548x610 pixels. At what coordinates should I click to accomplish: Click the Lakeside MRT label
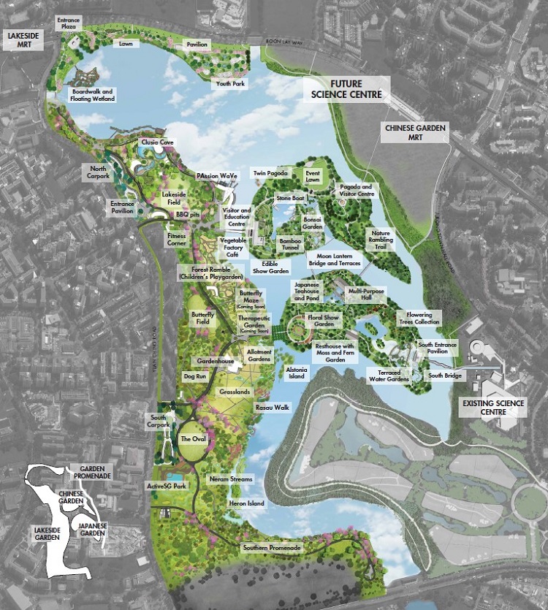tap(22, 39)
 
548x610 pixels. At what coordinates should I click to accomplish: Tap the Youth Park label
tap(229, 84)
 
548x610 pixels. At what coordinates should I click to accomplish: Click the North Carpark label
tap(99, 172)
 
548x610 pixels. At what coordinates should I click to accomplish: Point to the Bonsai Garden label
tap(312, 224)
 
